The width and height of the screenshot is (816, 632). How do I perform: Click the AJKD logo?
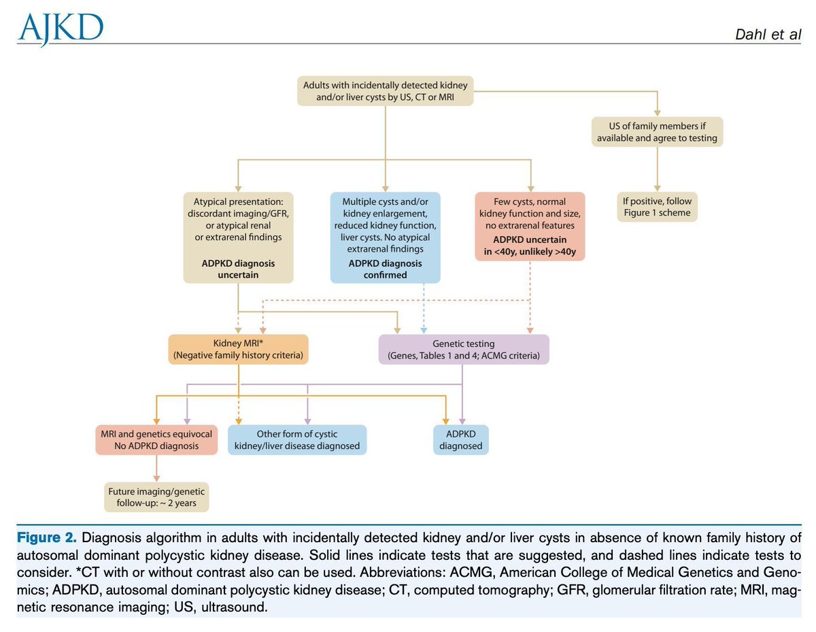tap(61, 29)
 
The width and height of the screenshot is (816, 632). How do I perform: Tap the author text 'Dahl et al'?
tap(767, 34)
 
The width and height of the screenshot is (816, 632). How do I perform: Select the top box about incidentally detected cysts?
tap(385, 91)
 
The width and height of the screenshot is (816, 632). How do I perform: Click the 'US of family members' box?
tap(656, 132)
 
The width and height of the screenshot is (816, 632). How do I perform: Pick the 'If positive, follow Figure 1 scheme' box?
tap(657, 207)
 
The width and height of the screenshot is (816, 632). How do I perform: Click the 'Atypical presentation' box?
tap(238, 237)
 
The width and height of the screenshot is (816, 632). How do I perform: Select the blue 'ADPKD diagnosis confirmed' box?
tap(385, 237)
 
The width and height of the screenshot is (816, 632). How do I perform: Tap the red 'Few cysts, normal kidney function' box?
tap(530, 227)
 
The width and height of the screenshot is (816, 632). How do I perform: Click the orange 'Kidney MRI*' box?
tap(238, 349)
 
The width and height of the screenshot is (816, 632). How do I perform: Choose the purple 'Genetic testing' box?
tap(463, 349)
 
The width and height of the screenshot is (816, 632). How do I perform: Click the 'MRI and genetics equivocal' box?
tap(156, 439)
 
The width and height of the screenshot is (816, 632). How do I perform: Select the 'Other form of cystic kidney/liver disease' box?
tap(297, 439)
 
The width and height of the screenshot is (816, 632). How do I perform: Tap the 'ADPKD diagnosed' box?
tap(461, 439)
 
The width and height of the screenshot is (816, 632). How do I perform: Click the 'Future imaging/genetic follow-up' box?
tap(156, 497)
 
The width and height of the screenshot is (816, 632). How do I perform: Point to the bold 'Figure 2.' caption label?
tap(46, 537)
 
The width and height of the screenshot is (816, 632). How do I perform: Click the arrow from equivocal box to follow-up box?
tap(156, 468)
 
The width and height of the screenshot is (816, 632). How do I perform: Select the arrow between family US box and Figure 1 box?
tap(657, 169)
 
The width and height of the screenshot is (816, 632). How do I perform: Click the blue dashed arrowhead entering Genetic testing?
tap(424, 331)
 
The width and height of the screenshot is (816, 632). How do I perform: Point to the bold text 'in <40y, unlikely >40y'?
tap(530, 251)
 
